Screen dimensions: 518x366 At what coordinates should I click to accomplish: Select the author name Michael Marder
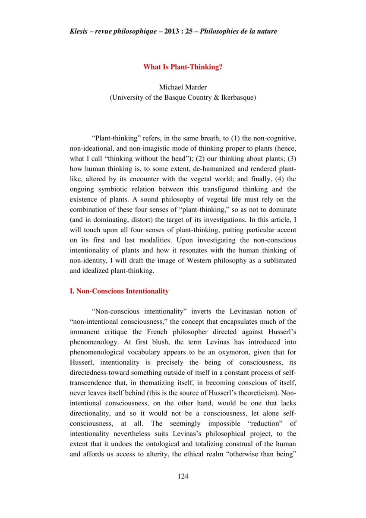pyautogui.click(x=183, y=88)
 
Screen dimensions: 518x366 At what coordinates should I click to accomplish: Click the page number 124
pyautogui.click(x=183, y=476)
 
